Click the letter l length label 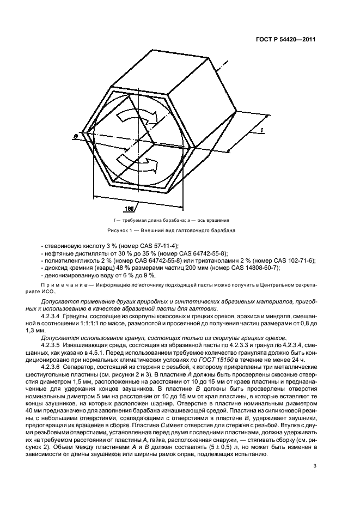pos(262,130)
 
